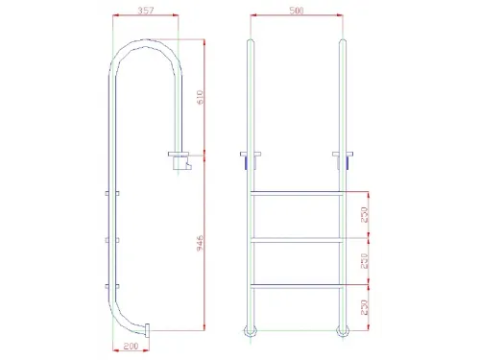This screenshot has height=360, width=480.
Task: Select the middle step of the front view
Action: click(296, 239)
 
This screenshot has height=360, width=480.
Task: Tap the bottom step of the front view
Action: click(296, 285)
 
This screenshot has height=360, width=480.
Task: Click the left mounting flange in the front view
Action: click(249, 155)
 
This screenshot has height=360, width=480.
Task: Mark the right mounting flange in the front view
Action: click(343, 155)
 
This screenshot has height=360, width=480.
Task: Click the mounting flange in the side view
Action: click(180, 156)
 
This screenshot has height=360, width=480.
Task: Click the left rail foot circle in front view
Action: click(252, 332)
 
